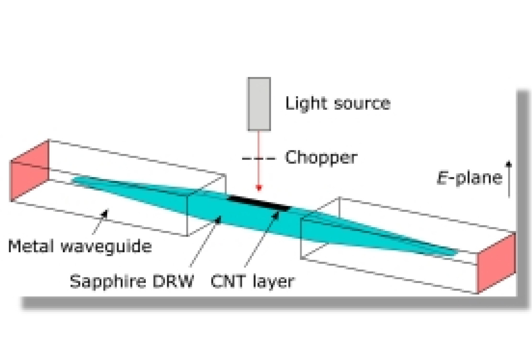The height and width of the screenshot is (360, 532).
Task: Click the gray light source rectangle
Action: click(x=259, y=104)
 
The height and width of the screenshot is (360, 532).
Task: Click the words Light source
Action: click(x=338, y=103)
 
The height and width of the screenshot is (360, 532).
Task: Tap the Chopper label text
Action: click(x=321, y=158)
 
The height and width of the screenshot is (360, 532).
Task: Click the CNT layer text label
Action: click(x=252, y=281)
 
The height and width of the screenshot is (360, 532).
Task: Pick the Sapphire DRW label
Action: click(x=132, y=281)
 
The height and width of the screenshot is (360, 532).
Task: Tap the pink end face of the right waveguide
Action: click(x=497, y=262)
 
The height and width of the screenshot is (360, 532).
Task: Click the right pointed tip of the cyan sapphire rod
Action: click(x=456, y=253)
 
